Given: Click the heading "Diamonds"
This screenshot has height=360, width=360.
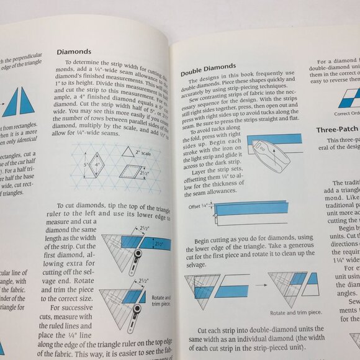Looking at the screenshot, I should pyautogui.click(x=74, y=52).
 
